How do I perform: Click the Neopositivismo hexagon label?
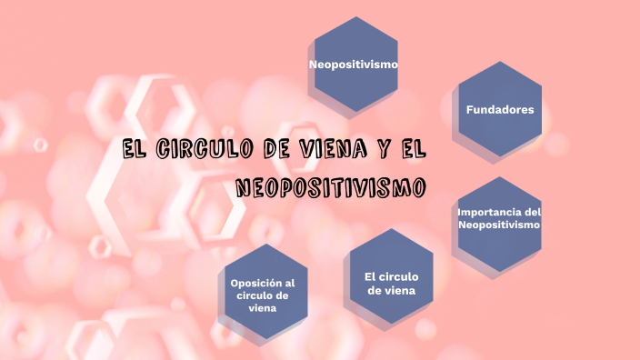354,65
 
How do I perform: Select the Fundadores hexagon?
499,109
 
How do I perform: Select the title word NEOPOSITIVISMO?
331,187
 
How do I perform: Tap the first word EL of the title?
135,148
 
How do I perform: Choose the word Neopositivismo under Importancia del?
499,225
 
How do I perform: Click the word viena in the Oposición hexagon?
263,308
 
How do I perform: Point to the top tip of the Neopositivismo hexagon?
354,17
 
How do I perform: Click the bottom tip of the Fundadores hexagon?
499,156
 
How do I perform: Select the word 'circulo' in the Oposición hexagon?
256,295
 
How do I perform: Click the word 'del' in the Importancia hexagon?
533,213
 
